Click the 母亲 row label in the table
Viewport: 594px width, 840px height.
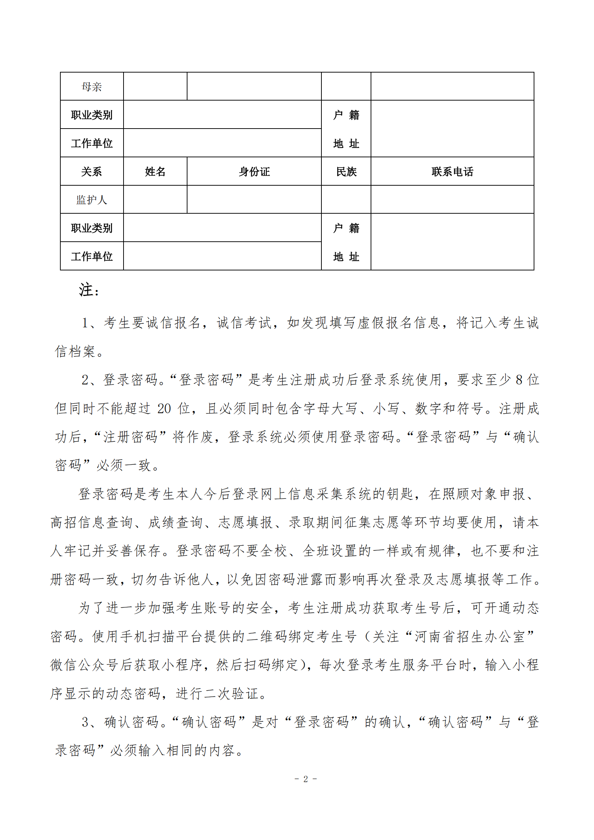click(92, 87)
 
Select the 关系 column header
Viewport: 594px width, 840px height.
click(92, 172)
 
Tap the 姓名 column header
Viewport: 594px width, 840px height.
click(155, 172)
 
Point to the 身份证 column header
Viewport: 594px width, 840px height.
click(254, 172)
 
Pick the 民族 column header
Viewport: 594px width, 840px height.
click(346, 172)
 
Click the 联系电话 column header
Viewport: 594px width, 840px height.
click(452, 172)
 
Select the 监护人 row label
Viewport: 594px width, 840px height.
click(92, 200)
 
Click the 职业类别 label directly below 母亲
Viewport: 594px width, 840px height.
click(92, 115)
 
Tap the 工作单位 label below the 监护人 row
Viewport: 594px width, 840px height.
click(92, 256)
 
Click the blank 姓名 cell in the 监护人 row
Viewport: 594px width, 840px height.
click(155, 200)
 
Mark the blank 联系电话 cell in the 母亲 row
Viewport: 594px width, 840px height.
click(452, 87)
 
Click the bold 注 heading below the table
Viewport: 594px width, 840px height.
click(86, 290)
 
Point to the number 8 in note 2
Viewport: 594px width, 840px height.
click(519, 380)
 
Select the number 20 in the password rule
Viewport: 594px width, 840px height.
click(164, 409)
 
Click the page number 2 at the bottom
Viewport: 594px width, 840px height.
click(305, 779)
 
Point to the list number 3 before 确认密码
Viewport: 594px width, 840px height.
click(85, 722)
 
